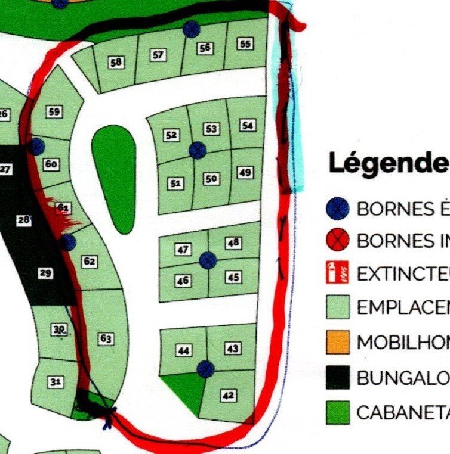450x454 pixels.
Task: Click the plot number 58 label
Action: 117,61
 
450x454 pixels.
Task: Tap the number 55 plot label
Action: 245,43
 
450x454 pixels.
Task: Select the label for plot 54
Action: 248,125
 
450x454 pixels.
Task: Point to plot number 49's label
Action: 245,173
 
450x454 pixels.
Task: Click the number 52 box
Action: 172,135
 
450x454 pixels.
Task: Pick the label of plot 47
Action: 183,250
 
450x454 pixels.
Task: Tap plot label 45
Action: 233,277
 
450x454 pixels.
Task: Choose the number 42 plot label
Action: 229,395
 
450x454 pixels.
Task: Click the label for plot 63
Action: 106,339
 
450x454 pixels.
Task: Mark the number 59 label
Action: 54,111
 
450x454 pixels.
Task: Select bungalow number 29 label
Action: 45,273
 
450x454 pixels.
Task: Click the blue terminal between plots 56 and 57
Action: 191,29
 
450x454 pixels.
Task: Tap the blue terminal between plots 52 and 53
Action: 198,150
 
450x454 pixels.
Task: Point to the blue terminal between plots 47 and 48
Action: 207,260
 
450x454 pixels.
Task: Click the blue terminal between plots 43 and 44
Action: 205,369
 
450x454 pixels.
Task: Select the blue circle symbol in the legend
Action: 338,209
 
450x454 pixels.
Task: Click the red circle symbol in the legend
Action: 338,241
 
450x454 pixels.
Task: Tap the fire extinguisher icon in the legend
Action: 337,273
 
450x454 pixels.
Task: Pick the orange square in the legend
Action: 338,343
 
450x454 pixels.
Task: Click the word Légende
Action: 388,163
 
